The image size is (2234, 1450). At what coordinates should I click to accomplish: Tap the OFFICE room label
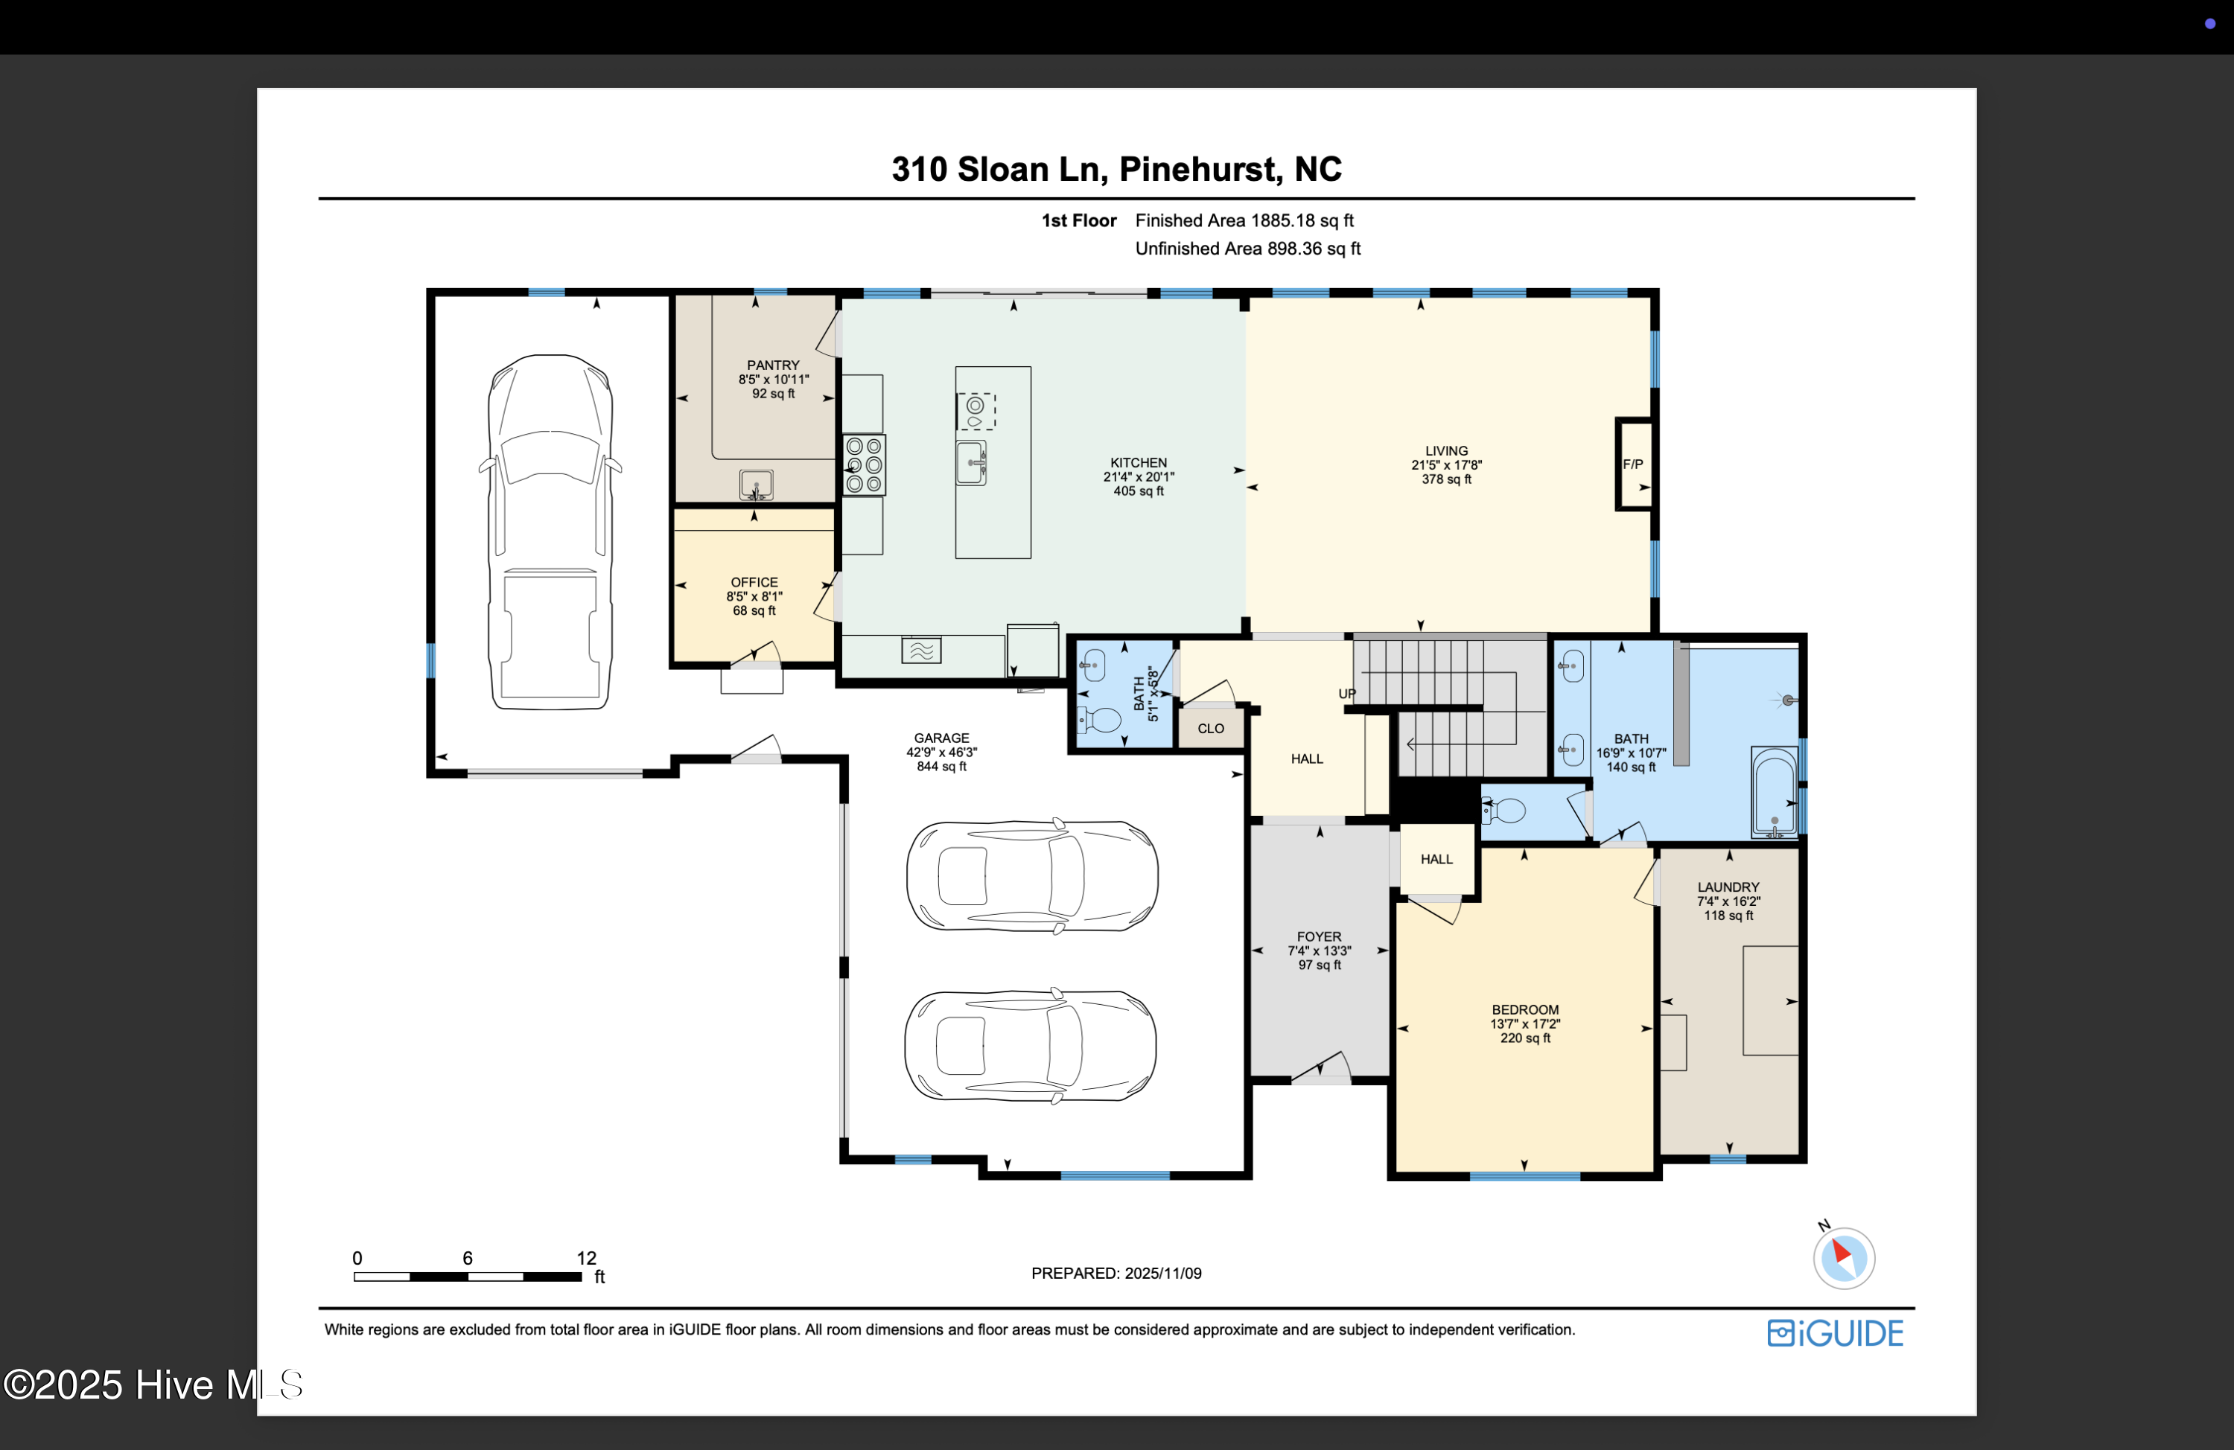[754, 582]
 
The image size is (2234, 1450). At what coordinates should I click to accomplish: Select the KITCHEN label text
[1139, 463]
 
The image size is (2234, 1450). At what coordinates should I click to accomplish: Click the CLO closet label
[1211, 728]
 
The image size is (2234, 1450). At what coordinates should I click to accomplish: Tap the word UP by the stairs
[1347, 694]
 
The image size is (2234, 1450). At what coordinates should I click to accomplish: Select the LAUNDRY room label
[1728, 887]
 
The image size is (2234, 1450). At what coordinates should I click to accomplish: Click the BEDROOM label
[1525, 1010]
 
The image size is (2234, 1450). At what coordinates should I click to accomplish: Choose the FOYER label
[1319, 936]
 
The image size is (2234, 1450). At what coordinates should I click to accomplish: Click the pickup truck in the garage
[550, 531]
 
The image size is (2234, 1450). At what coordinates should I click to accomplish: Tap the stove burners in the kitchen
[864, 464]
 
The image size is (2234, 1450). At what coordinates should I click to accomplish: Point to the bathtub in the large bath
[1774, 791]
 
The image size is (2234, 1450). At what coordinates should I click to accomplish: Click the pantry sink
[756, 485]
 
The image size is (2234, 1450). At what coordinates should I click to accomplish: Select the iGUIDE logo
[1835, 1332]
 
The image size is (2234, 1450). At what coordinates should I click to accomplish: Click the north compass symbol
[1844, 1258]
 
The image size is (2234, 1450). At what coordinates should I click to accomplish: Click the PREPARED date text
[1116, 1274]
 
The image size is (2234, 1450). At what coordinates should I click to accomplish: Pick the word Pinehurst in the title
[1197, 170]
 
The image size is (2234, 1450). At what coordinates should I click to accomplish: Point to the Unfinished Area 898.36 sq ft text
[1247, 249]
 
